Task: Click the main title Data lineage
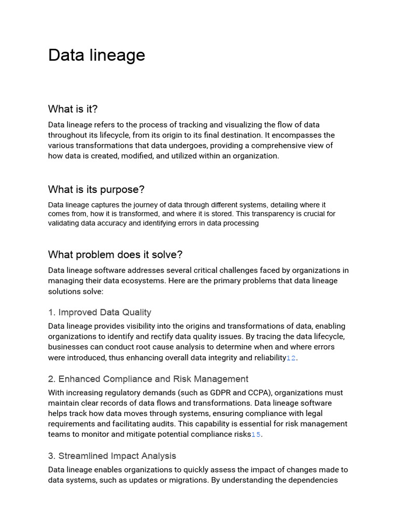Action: click(x=96, y=55)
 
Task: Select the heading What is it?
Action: click(x=73, y=109)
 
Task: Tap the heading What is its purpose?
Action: click(x=96, y=189)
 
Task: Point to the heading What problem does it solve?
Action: click(x=115, y=255)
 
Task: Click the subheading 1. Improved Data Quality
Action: click(x=99, y=312)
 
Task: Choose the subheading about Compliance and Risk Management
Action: click(x=148, y=379)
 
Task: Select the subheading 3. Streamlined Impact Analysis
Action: click(x=112, y=456)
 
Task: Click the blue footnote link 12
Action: click(x=291, y=358)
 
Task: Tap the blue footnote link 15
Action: click(x=256, y=435)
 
